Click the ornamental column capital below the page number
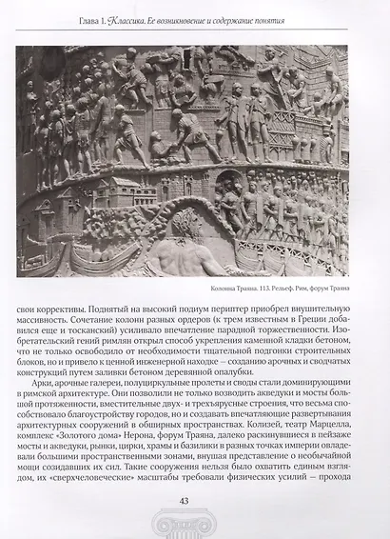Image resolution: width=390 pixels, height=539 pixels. click(x=194, y=526)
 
